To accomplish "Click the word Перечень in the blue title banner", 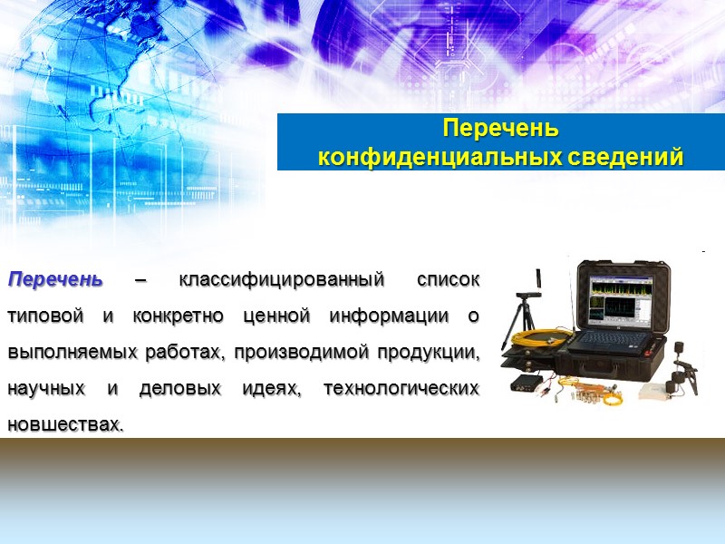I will pyautogui.click(x=500, y=127).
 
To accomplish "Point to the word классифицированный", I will pyautogui.click(x=282, y=279).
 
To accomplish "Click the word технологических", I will pyautogui.click(x=402, y=388).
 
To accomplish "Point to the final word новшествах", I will pyautogui.click(x=63, y=423).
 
